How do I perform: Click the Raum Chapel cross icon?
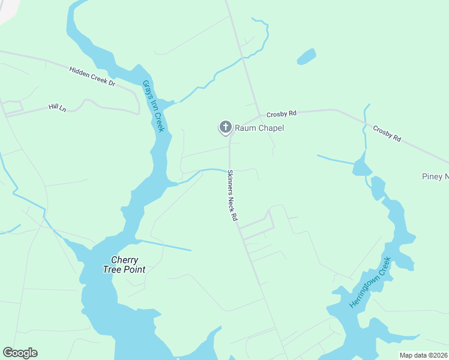pyautogui.click(x=225, y=127)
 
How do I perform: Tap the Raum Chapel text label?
pyautogui.click(x=259, y=128)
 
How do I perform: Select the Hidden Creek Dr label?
pyautogui.click(x=92, y=76)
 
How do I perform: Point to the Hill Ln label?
pyautogui.click(x=57, y=107)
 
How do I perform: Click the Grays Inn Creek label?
pyautogui.click(x=153, y=106)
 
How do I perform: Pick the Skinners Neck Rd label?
pyautogui.click(x=231, y=196)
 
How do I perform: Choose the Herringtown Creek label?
pyautogui.click(x=370, y=282)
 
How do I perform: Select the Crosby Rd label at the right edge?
pyautogui.click(x=387, y=133)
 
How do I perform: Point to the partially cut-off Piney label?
pyautogui.click(x=435, y=176)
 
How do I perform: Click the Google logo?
pyautogui.click(x=20, y=353)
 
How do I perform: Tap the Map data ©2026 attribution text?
pyautogui.click(x=423, y=355)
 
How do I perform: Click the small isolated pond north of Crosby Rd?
pyautogui.click(x=306, y=56)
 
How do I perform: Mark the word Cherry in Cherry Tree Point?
pyautogui.click(x=125, y=260)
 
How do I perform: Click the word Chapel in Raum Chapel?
pyautogui.click(x=271, y=128)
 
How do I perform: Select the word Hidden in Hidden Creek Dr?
pyautogui.click(x=79, y=72)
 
